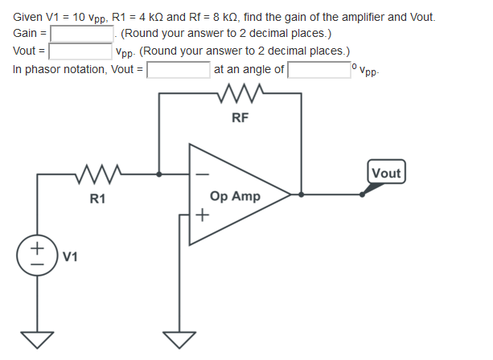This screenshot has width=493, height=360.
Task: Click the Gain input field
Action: [x=84, y=34]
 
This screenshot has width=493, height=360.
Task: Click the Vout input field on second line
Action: [x=80, y=51]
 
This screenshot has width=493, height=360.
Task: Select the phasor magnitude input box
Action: [x=178, y=69]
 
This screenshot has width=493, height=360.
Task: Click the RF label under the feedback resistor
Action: [x=240, y=118]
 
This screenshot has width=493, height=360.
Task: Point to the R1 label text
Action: [x=97, y=198]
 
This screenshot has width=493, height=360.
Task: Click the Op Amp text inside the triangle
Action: [x=235, y=196]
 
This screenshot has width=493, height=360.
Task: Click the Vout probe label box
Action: [x=387, y=173]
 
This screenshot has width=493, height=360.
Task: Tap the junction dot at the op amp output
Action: [x=301, y=194]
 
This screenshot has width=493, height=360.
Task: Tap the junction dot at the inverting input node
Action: [x=159, y=173]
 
